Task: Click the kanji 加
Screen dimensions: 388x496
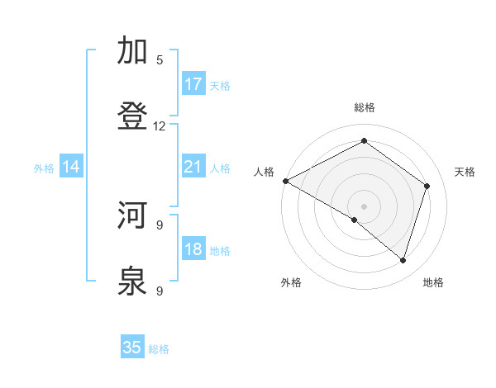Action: [133, 51]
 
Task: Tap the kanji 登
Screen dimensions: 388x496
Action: [133, 116]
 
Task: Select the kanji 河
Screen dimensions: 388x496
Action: [133, 215]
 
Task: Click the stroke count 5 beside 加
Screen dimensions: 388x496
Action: [160, 60]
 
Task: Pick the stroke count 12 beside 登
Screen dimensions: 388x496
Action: [160, 126]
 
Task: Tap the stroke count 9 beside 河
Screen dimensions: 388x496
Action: [160, 225]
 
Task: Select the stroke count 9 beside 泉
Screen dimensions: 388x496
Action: [160, 291]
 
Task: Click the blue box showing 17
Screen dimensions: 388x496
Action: [193, 84]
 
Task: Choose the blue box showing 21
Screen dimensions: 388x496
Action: [193, 168]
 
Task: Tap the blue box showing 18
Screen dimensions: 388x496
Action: [193, 249]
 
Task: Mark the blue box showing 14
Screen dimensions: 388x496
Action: [71, 168]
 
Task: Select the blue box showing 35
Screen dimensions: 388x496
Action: [132, 348]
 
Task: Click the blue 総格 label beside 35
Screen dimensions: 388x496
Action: [159, 349]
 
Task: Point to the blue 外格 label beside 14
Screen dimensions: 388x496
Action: [44, 168]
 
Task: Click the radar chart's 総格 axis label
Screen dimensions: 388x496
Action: [365, 107]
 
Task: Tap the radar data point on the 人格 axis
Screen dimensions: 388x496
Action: [285, 181]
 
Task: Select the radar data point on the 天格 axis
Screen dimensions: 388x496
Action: [427, 186]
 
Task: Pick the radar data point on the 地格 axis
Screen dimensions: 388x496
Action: [403, 260]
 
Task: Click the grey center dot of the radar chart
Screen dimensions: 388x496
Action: [365, 206]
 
